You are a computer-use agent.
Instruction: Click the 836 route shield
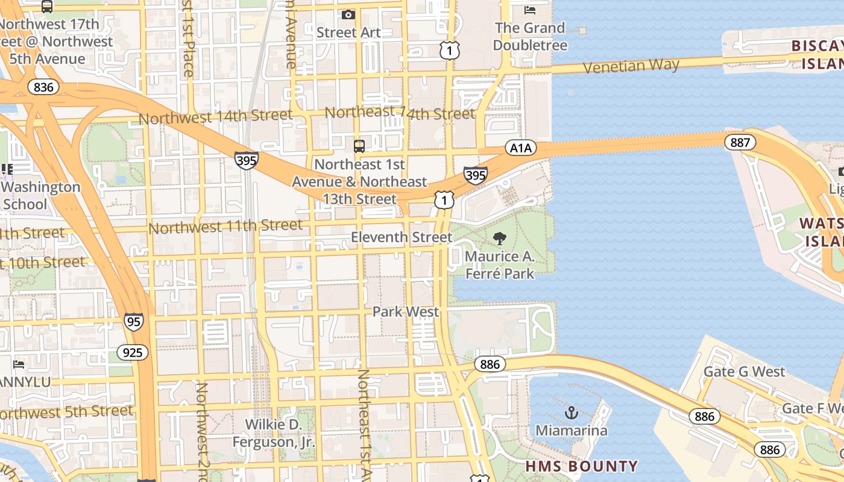coord(43,87)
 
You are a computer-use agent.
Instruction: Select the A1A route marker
coord(520,148)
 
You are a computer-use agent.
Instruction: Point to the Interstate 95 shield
coord(134,321)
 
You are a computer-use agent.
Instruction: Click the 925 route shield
coord(132,352)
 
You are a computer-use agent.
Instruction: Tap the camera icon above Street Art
coord(348,14)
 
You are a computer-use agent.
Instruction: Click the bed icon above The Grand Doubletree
coord(530,10)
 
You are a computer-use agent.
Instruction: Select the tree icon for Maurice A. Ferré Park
coord(499,239)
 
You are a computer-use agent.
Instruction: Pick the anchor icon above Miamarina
coord(571,413)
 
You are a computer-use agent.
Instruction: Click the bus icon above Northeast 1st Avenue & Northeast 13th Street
coord(359,146)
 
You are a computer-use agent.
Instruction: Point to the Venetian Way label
coord(631,65)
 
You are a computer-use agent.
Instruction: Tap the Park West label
coord(406,311)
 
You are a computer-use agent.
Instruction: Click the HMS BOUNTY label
coord(581,466)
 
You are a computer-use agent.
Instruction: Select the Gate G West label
coord(745,372)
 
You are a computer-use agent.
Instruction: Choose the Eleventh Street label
coord(402,237)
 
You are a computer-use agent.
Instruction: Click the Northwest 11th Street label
coord(225,227)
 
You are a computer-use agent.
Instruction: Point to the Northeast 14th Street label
coord(400,113)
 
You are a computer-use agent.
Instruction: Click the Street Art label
coord(348,33)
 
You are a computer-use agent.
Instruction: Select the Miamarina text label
coord(572,431)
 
